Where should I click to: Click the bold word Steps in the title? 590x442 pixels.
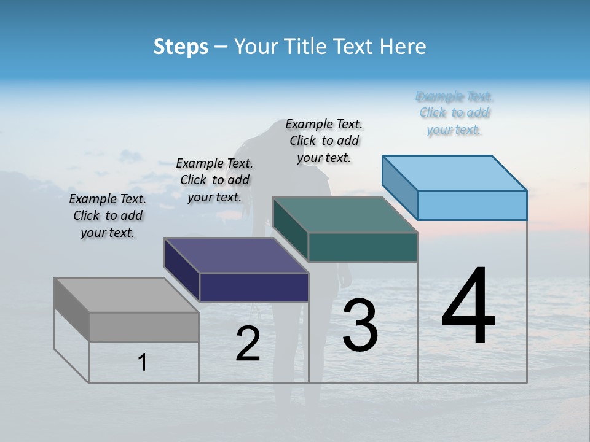(x=181, y=47)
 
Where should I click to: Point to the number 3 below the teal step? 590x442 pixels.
(x=360, y=325)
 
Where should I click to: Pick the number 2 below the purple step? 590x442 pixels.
(x=248, y=344)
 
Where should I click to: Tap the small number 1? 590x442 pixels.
(x=143, y=363)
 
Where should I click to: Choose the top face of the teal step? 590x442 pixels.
(x=345, y=215)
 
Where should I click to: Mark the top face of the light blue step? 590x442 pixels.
(x=454, y=173)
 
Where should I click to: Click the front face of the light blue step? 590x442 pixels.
(x=472, y=205)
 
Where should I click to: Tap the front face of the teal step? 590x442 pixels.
(x=363, y=247)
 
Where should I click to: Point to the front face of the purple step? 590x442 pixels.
(x=254, y=287)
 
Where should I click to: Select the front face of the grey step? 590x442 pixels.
(x=144, y=327)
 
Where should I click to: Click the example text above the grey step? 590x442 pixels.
(x=108, y=215)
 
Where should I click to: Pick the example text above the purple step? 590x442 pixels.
(x=214, y=180)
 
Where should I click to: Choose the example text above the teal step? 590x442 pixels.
(x=324, y=141)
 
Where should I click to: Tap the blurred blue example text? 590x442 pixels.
(x=454, y=113)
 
